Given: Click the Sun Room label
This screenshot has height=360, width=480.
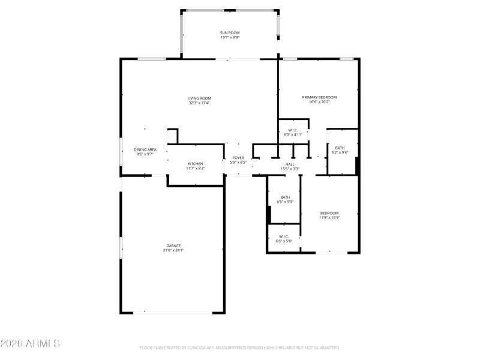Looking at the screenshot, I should [229, 32].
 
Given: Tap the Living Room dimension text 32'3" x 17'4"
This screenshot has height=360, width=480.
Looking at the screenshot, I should [199, 103].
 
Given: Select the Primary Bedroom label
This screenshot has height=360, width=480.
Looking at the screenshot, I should [319, 97].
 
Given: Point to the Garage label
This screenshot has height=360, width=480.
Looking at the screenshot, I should [173, 245].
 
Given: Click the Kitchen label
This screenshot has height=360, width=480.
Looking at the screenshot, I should [196, 164].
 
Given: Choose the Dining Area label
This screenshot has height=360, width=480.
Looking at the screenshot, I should [145, 149].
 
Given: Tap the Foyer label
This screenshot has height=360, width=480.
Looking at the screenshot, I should [238, 158].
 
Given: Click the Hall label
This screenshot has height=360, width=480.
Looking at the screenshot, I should [290, 164].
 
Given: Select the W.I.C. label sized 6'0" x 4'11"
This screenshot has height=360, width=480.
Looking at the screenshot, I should [293, 130].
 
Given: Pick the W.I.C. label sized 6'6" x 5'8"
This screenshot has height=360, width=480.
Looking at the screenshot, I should [283, 236].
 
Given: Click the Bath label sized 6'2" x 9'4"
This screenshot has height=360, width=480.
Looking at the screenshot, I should [340, 148].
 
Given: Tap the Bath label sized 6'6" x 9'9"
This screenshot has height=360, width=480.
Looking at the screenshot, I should [285, 197].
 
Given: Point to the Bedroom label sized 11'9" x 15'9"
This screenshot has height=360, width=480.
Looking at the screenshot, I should [329, 213].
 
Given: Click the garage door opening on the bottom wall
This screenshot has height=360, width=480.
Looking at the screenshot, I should [173, 312].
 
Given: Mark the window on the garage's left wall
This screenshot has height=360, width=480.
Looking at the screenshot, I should [121, 247].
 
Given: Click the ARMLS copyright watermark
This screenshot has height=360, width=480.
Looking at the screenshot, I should [30, 344].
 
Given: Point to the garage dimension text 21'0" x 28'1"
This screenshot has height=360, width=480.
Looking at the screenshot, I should [173, 251].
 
